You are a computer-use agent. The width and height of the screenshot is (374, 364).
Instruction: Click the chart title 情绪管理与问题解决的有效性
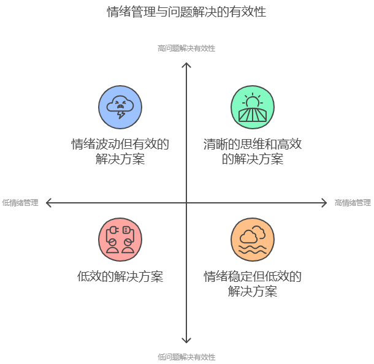186,11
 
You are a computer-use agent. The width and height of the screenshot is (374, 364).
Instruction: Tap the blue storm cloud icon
120,107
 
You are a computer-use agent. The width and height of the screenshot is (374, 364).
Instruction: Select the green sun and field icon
253,107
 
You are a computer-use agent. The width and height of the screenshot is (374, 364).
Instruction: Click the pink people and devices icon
120,239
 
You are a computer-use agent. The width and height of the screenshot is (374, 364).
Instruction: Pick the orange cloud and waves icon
253,239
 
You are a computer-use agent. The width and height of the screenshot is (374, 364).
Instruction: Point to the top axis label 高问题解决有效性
186,48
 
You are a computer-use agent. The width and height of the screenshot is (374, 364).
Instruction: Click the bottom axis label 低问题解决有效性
186,357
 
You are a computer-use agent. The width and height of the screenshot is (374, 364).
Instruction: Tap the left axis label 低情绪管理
20,203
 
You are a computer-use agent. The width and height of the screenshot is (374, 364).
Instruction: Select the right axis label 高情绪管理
353,203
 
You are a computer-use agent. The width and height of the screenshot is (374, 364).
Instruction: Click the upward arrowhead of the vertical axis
186,63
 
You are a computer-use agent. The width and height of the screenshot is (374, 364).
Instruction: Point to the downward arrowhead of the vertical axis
186,341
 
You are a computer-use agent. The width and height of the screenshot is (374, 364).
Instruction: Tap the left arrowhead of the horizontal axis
48,203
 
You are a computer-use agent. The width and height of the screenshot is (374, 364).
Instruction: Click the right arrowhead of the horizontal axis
325,203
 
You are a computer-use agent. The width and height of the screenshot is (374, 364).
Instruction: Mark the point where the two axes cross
186,203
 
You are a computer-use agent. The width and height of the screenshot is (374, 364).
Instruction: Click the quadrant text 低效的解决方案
120,276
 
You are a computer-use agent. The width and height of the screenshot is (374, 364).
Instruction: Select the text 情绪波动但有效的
120,145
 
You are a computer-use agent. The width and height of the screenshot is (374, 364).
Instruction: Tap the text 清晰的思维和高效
253,145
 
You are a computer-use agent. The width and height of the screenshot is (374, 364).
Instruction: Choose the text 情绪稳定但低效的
253,276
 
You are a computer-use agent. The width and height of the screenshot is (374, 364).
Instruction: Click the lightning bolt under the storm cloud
121,115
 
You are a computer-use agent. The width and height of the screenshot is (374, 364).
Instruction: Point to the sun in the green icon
253,100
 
